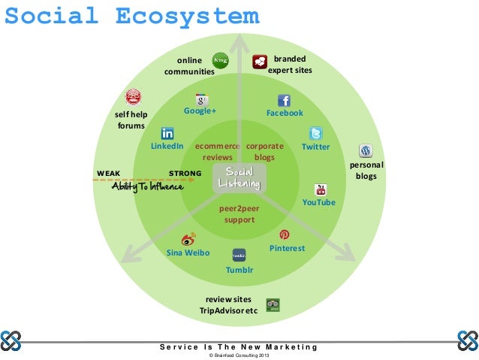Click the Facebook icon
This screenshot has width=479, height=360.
(x=284, y=100)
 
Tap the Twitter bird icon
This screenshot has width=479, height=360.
(x=316, y=132)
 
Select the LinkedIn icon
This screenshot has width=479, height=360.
(x=167, y=132)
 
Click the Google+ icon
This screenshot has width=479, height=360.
(x=200, y=99)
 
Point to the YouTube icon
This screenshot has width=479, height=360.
(x=320, y=189)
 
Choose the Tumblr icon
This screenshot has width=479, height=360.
(x=239, y=254)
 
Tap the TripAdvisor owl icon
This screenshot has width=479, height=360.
(x=273, y=304)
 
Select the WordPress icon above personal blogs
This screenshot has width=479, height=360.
(x=366, y=150)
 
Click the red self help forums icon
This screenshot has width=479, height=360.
(x=133, y=97)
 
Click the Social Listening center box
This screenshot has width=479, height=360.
(x=239, y=178)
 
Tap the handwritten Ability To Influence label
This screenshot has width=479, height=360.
(x=147, y=187)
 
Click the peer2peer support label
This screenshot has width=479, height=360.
(x=239, y=214)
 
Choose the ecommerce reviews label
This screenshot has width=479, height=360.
(x=217, y=152)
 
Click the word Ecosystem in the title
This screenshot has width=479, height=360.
(x=187, y=16)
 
